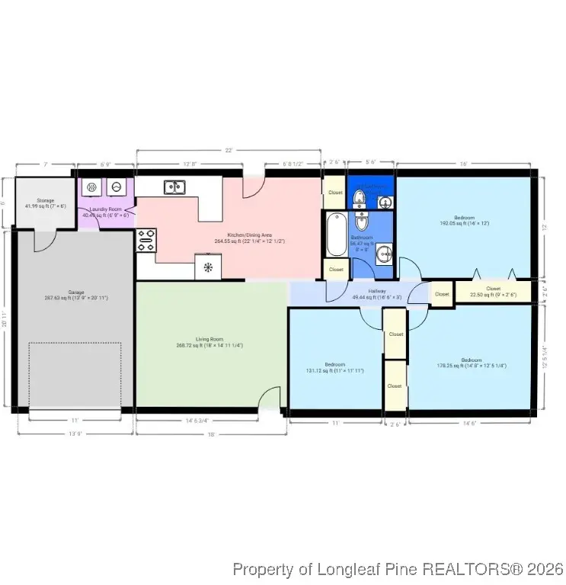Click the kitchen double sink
pyautogui.click(x=174, y=186)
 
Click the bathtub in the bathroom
pyautogui.click(x=334, y=235)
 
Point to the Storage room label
pyautogui.click(x=46, y=200)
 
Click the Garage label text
pyautogui.click(x=75, y=292)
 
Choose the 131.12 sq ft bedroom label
pyautogui.click(x=334, y=365)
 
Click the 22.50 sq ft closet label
pyautogui.click(x=493, y=289)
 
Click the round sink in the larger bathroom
pyautogui.click(x=385, y=254)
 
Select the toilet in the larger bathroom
pyautogui.click(x=362, y=224)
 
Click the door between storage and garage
pyautogui.click(x=44, y=238)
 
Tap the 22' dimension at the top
pyautogui.click(x=229, y=150)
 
